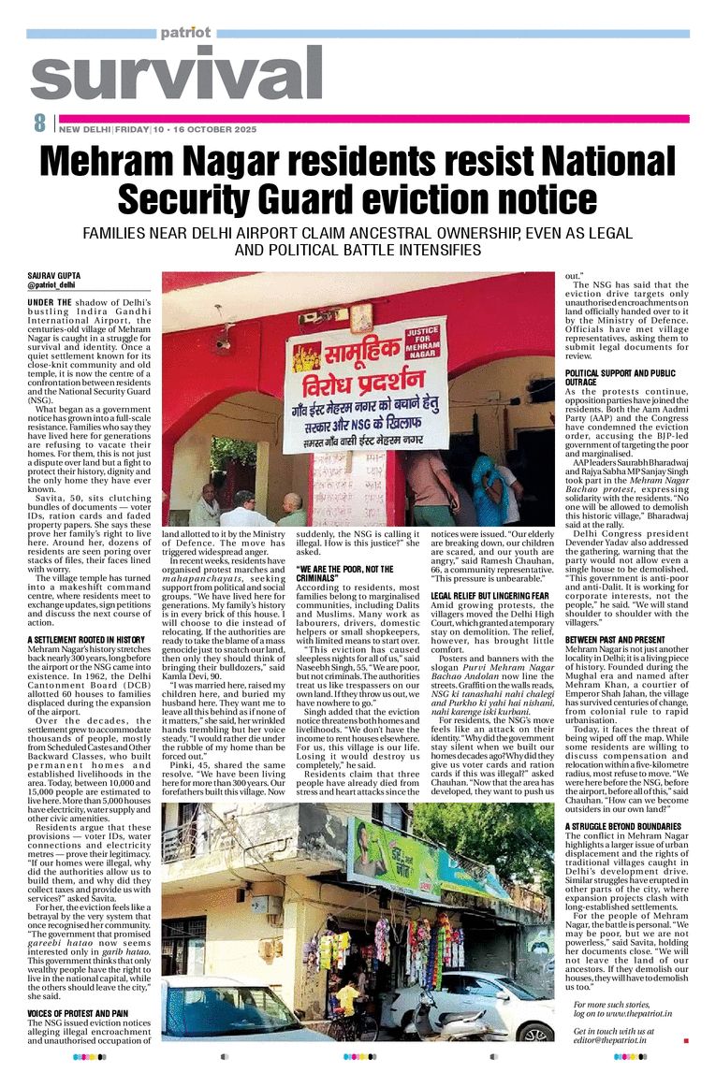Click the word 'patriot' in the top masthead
pos(185,32)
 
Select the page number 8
pos(39,123)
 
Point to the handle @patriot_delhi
pos(52,284)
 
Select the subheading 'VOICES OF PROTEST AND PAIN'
pos(78,1012)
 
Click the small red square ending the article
pos(686,1039)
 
